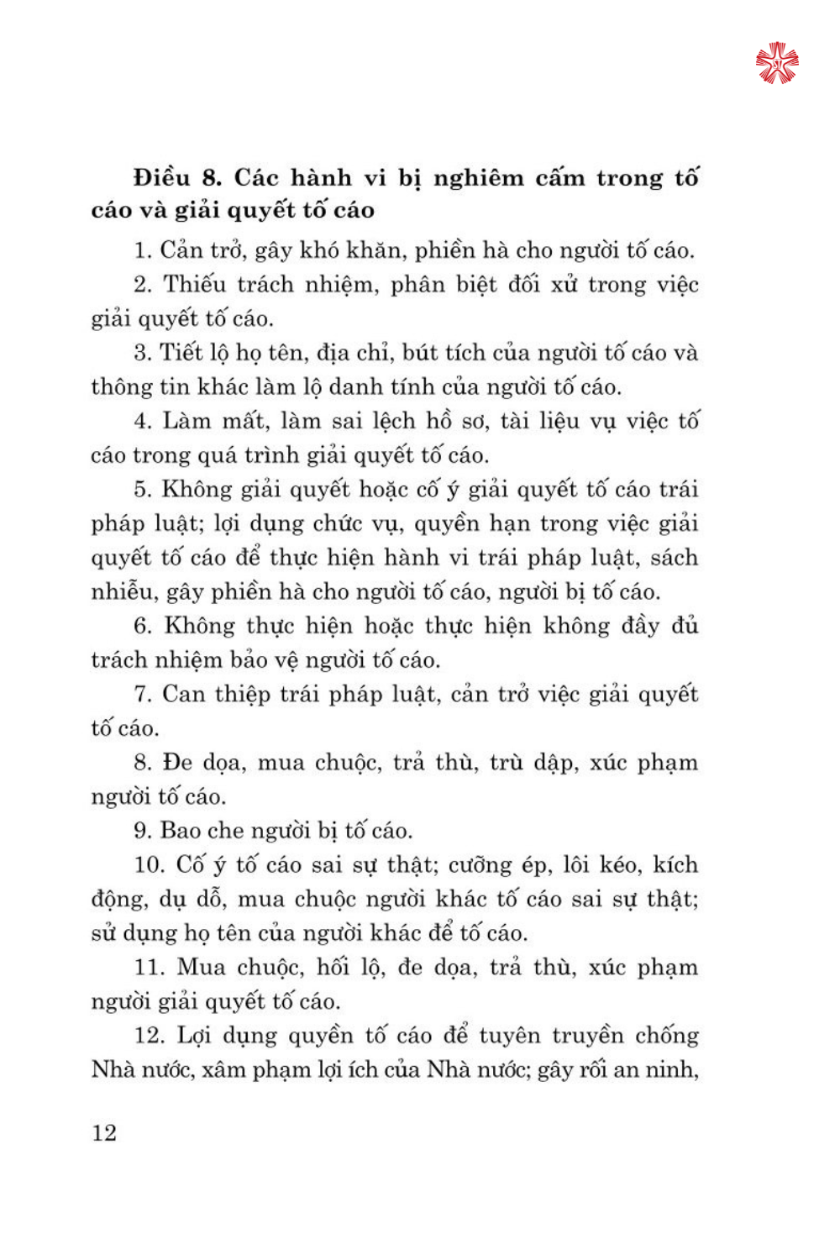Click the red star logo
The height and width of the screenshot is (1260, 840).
coord(777,63)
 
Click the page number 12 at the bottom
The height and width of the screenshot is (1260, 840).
coord(104,1132)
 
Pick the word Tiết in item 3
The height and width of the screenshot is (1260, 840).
coord(179,353)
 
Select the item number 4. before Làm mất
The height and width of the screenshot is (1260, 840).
coord(143,421)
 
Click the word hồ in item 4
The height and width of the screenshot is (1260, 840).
coord(438,421)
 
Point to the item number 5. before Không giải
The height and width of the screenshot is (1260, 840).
coord(143,490)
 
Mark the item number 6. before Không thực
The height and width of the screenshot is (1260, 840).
coord(143,627)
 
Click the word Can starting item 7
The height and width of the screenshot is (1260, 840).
coord(183,695)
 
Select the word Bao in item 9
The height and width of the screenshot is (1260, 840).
coord(181,831)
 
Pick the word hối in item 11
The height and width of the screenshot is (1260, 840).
coord(333,968)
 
